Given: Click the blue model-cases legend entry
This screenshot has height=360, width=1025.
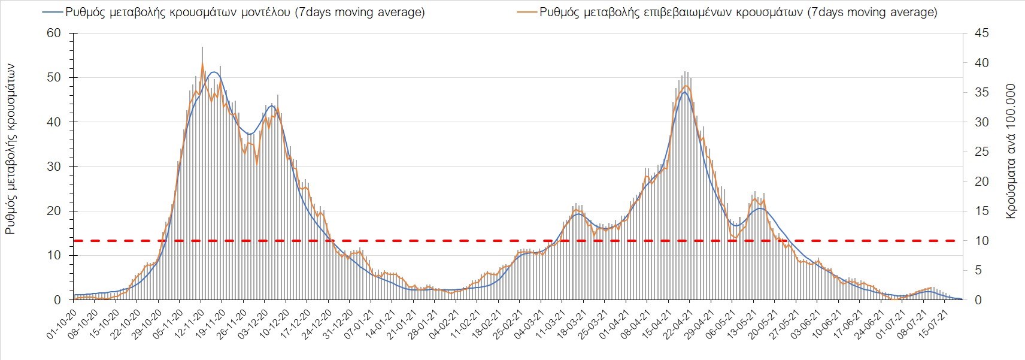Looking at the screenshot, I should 233,12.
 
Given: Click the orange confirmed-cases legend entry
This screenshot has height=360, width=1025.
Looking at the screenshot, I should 730,12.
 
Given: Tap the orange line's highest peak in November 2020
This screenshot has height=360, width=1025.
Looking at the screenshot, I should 202,63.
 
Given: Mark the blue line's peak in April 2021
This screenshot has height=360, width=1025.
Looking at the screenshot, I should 684,92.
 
